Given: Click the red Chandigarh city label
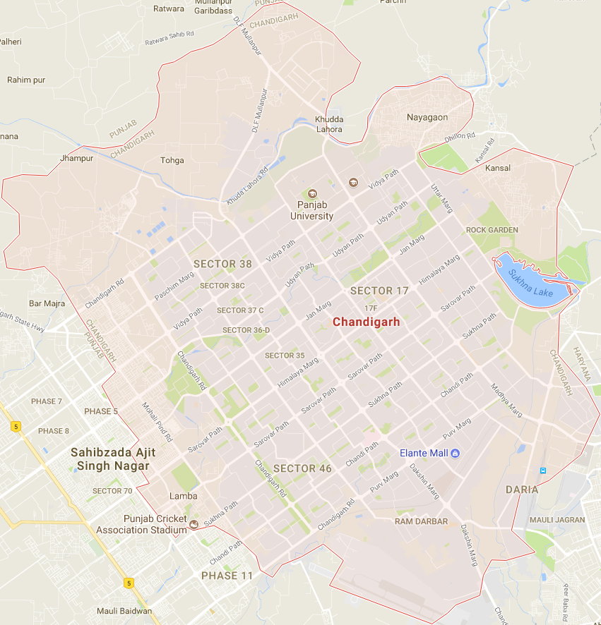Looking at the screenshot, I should tap(366, 322).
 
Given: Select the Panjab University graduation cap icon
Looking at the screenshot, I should tap(311, 194).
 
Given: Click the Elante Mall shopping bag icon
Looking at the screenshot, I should tap(456, 452).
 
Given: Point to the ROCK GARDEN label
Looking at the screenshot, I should tap(492, 230).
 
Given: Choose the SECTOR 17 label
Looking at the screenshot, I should tap(379, 291).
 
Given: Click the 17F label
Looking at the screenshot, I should tap(371, 308).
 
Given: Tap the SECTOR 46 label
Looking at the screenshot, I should tap(302, 468).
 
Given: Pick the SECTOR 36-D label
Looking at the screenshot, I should tap(246, 330).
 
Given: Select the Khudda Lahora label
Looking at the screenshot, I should tap(329, 124).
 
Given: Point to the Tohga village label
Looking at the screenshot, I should tap(172, 160).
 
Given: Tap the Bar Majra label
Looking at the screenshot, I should tap(47, 304).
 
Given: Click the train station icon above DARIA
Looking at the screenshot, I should tap(542, 471).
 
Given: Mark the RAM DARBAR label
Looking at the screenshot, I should tap(421, 521).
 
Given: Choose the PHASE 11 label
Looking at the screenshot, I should tap(227, 576).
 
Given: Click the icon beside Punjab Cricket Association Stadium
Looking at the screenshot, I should tap(194, 526).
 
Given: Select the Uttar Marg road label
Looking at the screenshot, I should tap(441, 198).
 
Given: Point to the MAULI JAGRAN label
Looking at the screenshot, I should tap(558, 520).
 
